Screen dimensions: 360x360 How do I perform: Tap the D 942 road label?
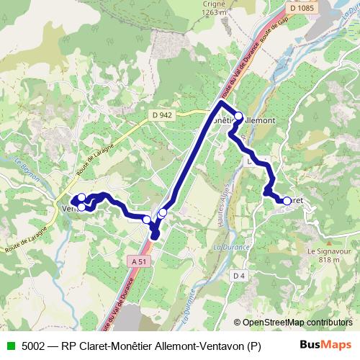click(x=162, y=114)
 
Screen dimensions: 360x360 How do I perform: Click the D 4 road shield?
click(x=239, y=276)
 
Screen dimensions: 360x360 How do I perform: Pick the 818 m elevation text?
click(x=328, y=261)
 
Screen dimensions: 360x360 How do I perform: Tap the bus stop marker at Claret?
click(x=287, y=201)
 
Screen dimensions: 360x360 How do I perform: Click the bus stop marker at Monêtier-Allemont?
click(x=238, y=114)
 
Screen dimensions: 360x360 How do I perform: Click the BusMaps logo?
click(x=325, y=345)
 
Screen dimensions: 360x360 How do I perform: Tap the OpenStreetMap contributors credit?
click(x=297, y=323)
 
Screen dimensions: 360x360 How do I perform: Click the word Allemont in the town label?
click(x=258, y=120)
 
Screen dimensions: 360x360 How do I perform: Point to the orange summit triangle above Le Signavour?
click(x=328, y=243)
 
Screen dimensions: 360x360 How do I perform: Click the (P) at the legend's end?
click(x=253, y=346)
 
